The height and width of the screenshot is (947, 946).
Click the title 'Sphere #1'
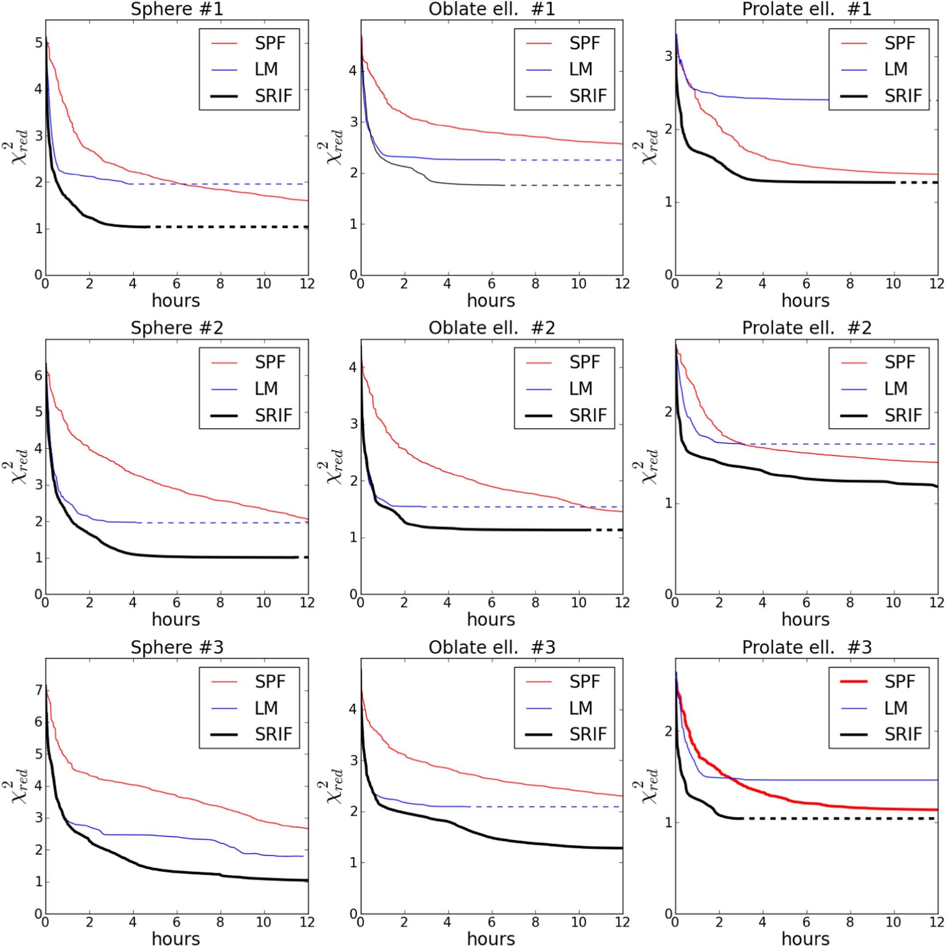[177, 9]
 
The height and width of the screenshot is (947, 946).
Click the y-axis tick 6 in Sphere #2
[38, 376]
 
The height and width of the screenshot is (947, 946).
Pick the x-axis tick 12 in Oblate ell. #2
[622, 603]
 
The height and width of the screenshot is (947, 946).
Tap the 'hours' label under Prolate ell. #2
[805, 619]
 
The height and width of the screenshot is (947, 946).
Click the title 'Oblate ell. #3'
[492, 648]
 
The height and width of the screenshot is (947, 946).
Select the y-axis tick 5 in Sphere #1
[38, 43]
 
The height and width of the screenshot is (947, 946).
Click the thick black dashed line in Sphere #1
[225, 227]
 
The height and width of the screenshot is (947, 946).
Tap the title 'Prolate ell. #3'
[806, 648]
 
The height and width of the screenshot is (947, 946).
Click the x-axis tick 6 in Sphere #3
[176, 922]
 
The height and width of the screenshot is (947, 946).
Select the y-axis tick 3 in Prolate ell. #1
[668, 56]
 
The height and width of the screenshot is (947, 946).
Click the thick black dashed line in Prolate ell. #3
[833, 818]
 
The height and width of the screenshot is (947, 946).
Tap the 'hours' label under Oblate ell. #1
[491, 300]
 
